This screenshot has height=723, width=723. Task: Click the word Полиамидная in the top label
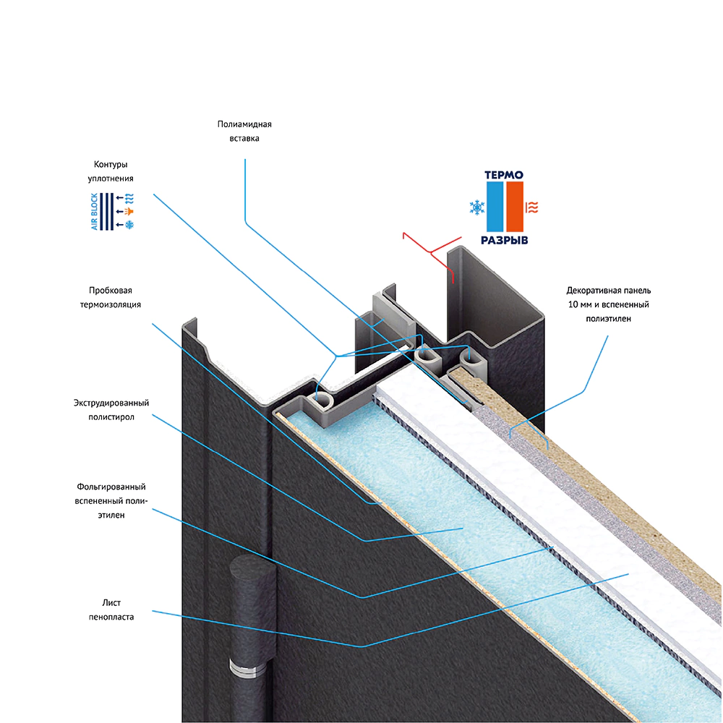[244, 124]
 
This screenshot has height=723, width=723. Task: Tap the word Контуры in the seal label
[110, 164]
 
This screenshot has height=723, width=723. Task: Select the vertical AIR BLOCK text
[94, 212]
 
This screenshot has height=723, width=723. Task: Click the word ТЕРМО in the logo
[504, 174]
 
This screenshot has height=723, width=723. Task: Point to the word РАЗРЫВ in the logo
[504, 240]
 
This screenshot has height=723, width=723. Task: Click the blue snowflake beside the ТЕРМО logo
[477, 208]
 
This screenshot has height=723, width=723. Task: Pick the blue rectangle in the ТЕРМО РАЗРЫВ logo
[495, 207]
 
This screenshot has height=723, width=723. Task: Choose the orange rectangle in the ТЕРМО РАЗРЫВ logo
[515, 207]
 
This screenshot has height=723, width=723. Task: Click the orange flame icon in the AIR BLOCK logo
[129, 211]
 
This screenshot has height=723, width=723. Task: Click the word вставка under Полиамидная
[244, 138]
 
